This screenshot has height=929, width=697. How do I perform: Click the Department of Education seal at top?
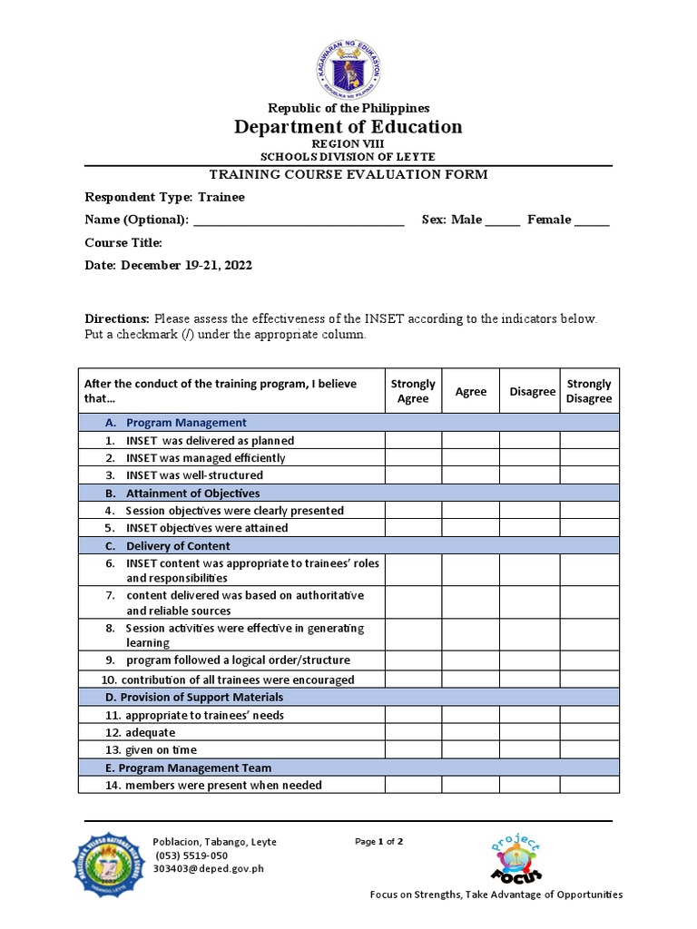(x=348, y=68)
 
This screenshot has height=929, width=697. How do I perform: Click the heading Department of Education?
(x=348, y=127)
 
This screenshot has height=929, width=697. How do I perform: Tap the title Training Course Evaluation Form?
(x=348, y=174)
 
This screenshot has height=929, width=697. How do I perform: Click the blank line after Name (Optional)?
(x=299, y=220)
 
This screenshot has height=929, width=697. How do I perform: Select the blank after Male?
(x=502, y=220)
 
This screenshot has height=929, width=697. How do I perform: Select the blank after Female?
(x=592, y=220)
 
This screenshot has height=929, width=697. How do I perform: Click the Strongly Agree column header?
(x=413, y=391)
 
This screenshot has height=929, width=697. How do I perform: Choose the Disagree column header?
(x=532, y=391)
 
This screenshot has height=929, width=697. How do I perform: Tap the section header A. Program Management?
(x=186, y=423)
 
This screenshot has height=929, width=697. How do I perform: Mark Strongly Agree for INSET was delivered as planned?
(x=413, y=440)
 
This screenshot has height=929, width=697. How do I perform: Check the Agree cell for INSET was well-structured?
(x=470, y=475)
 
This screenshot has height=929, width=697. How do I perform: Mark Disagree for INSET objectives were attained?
(x=529, y=528)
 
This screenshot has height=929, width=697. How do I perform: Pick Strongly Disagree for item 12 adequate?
(x=589, y=732)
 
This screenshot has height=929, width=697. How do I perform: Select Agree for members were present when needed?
(x=470, y=785)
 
